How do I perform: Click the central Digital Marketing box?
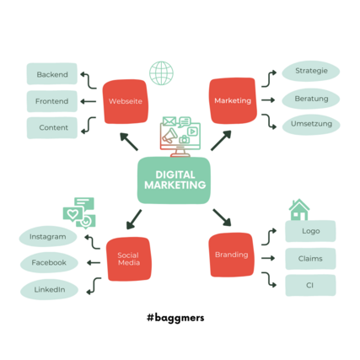click(x=174, y=180)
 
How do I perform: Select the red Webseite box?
click(x=125, y=101)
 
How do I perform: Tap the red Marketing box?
click(x=233, y=100)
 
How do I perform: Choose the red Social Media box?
click(x=128, y=259)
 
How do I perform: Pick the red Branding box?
click(x=232, y=255)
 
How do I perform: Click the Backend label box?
click(x=52, y=74)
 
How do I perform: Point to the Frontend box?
click(x=52, y=101)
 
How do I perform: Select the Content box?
click(x=52, y=128)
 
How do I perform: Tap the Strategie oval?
click(x=311, y=71)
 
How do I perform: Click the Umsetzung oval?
click(x=311, y=125)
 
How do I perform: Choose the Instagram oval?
click(x=48, y=237)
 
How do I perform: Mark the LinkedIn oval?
click(x=49, y=289)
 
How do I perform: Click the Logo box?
click(x=310, y=231)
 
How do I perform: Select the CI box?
click(x=310, y=286)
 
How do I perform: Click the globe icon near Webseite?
click(x=161, y=73)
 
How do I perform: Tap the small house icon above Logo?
click(x=299, y=210)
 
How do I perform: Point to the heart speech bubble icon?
click(x=73, y=214)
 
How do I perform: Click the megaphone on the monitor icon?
click(x=169, y=136)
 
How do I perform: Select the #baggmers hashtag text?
click(x=175, y=318)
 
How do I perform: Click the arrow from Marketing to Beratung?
click(x=268, y=100)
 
